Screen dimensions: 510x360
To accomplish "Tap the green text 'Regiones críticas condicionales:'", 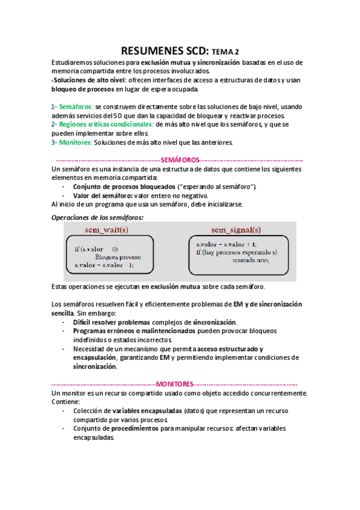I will pyautogui.click(x=102, y=124).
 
